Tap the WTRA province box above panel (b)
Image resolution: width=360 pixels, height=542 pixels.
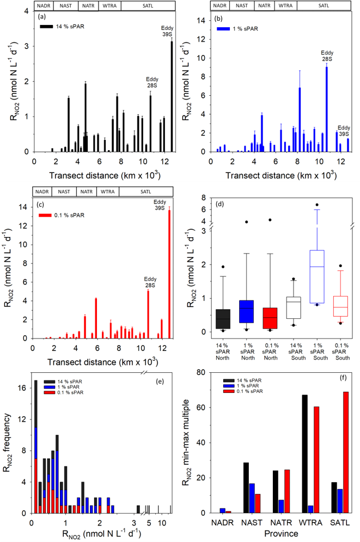[x=283, y=6]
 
